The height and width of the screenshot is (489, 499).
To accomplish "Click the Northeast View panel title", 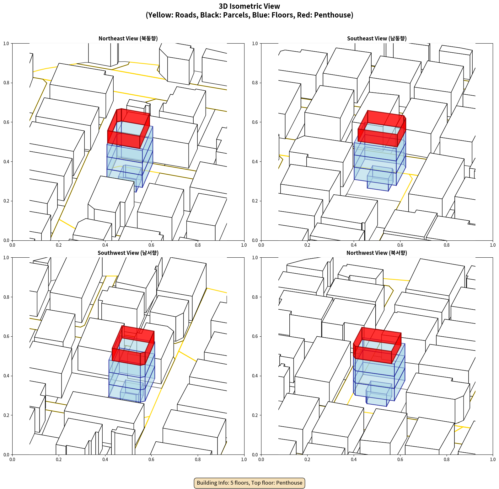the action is pyautogui.click(x=128, y=38).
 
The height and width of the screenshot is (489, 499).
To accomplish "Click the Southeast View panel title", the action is pyautogui.click(x=377, y=38).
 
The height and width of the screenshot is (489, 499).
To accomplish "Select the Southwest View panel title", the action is pyautogui.click(x=128, y=253).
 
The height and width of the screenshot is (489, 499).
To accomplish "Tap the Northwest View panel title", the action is pyautogui.click(x=377, y=253).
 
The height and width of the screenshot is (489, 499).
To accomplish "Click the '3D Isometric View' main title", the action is pyautogui.click(x=249, y=6).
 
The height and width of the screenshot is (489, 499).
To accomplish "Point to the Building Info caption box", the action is pyautogui.click(x=249, y=483).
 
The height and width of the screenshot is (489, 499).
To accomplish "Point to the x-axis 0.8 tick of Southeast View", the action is pyautogui.click(x=447, y=245).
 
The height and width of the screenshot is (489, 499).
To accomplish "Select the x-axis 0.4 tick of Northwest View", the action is pyautogui.click(x=354, y=459).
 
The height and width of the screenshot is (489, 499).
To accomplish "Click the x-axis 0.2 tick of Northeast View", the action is pyautogui.click(x=59, y=245).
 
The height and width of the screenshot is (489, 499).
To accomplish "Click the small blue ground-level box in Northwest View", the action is pyautogui.click(x=379, y=394).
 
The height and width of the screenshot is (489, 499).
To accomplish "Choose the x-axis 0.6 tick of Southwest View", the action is pyautogui.click(x=151, y=459).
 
